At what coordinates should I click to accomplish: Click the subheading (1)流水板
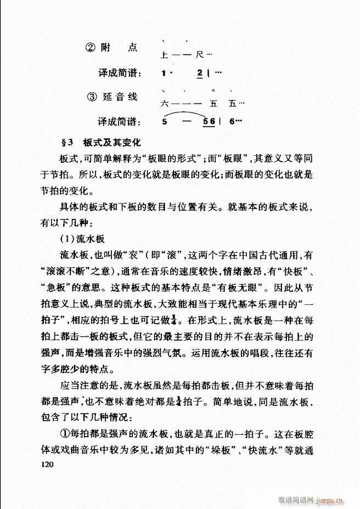click(82, 240)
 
